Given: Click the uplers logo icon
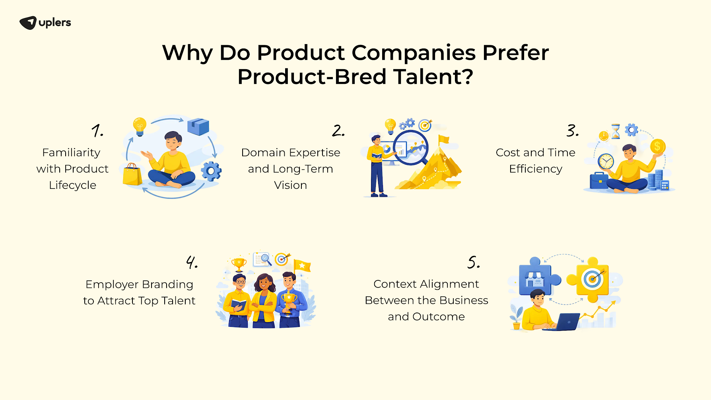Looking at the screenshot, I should (x=28, y=23).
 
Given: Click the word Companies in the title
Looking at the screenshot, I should (x=414, y=53).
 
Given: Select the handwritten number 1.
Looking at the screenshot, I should (x=97, y=130).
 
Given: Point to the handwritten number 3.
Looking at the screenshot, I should (x=572, y=130).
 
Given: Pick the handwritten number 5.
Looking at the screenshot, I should (x=473, y=262).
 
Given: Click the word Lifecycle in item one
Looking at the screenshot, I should (x=72, y=185).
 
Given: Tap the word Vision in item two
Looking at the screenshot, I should (x=290, y=185).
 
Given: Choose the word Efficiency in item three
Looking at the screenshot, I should (x=535, y=169).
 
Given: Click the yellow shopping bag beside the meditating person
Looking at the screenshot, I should (x=132, y=175).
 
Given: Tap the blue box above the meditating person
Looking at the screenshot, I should (x=198, y=126).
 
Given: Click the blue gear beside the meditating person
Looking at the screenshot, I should (x=211, y=171).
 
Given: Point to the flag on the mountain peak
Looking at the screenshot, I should (x=443, y=140).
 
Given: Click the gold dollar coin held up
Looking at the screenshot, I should (x=657, y=147).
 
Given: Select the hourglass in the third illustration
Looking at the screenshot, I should (x=616, y=131).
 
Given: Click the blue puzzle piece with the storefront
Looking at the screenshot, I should (x=536, y=276).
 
